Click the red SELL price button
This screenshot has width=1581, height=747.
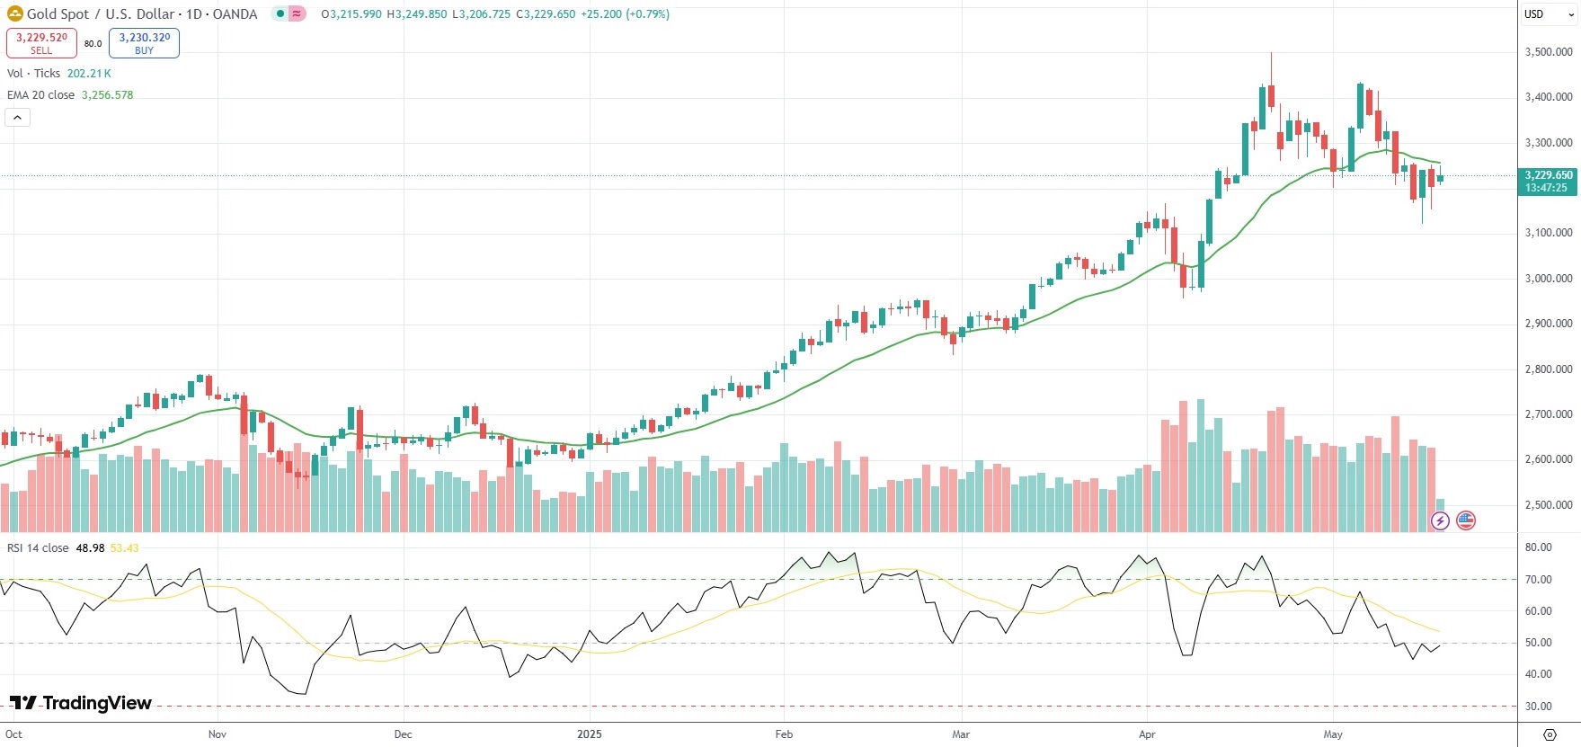41,43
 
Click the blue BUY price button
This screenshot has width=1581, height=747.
144,43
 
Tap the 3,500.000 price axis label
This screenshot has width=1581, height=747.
1548,52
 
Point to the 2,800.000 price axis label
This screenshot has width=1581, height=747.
1548,369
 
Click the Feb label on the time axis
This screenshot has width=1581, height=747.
784,734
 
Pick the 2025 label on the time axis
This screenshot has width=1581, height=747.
589,734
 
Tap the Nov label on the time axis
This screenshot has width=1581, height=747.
217,734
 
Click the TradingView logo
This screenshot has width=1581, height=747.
81,703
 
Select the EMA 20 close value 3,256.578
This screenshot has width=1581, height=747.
107,95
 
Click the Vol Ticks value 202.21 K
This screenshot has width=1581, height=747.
89,74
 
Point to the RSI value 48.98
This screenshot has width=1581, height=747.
90,548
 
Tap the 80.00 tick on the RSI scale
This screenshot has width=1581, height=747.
1538,547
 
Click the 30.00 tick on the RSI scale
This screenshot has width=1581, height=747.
1538,707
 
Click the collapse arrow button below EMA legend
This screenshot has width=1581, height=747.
17,118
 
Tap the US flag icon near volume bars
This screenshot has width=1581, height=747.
1466,520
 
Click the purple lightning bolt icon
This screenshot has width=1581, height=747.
1440,520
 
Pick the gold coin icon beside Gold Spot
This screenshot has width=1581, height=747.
14,13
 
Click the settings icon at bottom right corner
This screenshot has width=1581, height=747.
1550,734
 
